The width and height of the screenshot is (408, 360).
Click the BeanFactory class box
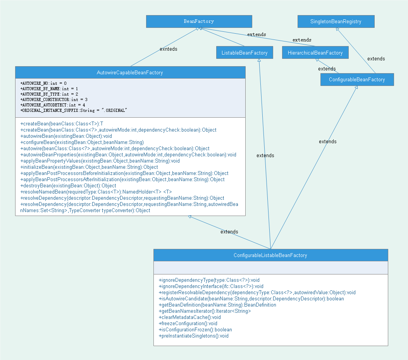(x=199, y=22)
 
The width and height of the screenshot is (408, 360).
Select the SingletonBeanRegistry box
(x=336, y=22)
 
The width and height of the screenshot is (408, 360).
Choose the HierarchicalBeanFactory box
(x=315, y=53)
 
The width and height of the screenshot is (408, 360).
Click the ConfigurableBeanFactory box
(x=357, y=80)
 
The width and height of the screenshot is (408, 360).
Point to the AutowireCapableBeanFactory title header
(x=130, y=72)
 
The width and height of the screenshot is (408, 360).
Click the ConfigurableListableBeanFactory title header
(x=270, y=255)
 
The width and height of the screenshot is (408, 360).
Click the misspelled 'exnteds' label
(x=169, y=49)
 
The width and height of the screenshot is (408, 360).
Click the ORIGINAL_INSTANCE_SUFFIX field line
(x=74, y=110)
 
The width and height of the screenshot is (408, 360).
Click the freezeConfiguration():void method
(x=188, y=324)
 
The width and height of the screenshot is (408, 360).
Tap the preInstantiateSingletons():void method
(x=194, y=336)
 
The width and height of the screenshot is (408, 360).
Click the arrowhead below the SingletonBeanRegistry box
(x=338, y=30)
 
